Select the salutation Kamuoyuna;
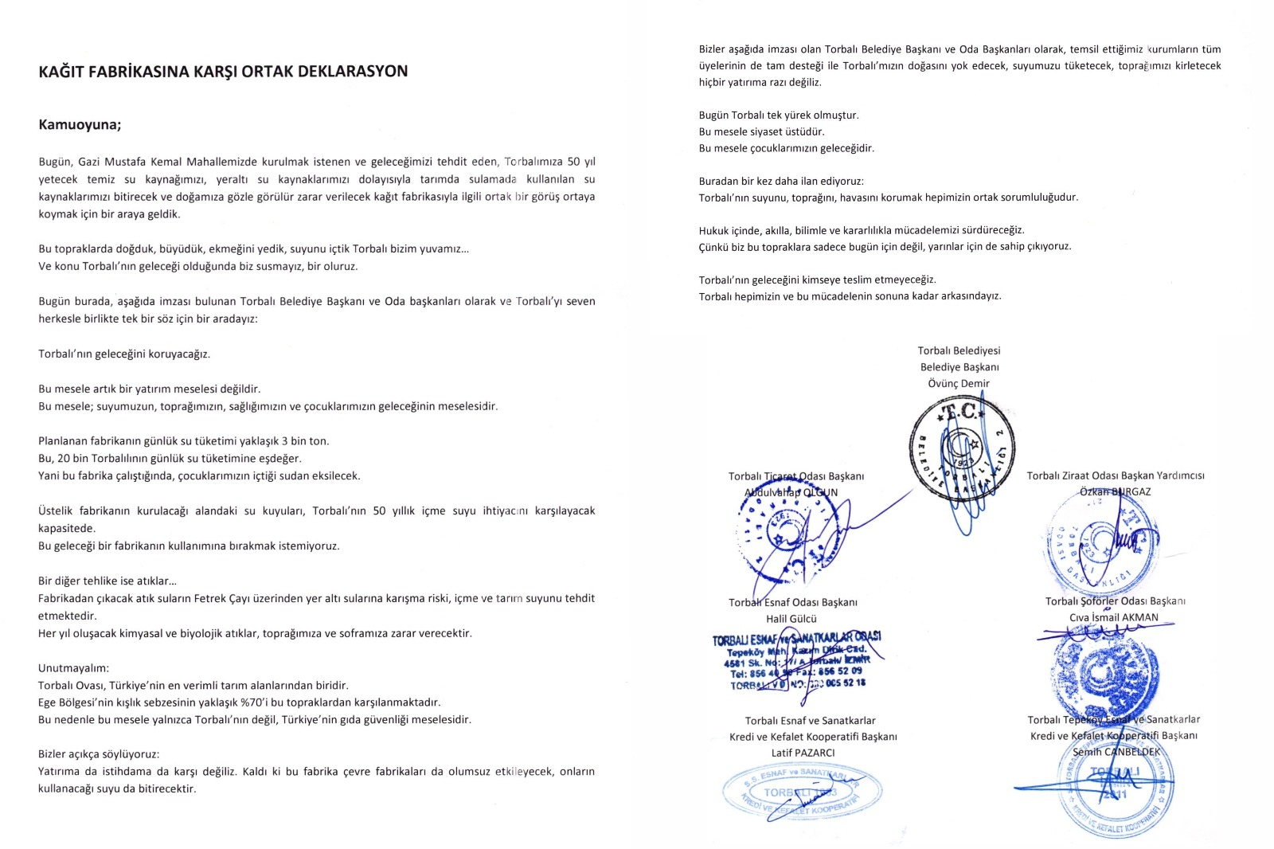tap(80, 125)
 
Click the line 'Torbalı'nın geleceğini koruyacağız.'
tap(124, 354)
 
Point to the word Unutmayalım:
tap(73, 668)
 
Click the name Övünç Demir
tap(959, 383)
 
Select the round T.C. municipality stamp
tap(962, 451)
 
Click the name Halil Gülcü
tap(791, 619)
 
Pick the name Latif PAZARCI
tap(803, 753)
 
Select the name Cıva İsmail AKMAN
tap(1114, 617)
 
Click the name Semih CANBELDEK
tap(1116, 752)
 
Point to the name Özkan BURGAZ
tap(1115, 491)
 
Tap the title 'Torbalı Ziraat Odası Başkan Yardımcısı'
tap(1115, 475)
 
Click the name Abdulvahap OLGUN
tap(791, 492)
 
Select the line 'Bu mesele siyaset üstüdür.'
tap(761, 131)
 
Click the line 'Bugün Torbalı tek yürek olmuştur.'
tap(779, 115)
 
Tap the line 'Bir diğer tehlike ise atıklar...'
tap(107, 581)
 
